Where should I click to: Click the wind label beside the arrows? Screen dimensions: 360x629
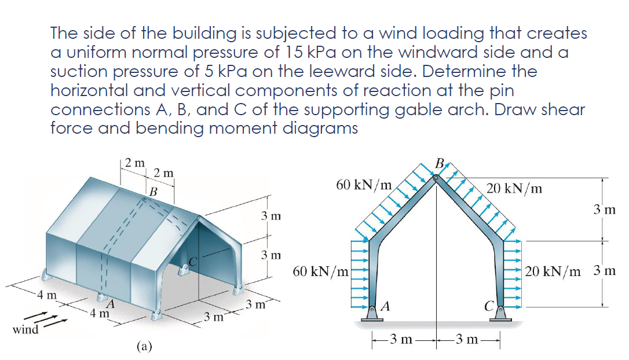click(x=25, y=330)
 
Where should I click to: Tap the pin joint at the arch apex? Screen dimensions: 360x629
click(x=436, y=178)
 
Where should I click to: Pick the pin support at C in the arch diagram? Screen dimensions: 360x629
click(x=500, y=313)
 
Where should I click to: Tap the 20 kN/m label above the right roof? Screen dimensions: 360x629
click(x=514, y=188)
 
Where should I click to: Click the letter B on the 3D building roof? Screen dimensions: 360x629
click(x=153, y=190)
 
